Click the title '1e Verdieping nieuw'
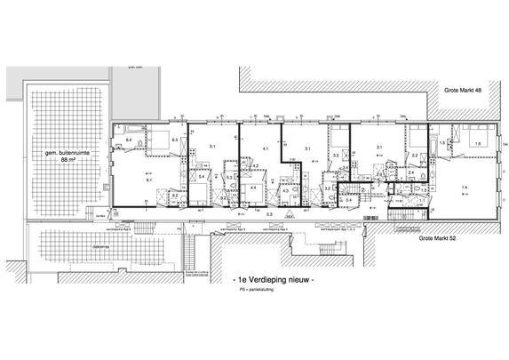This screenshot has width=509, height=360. point(270,279)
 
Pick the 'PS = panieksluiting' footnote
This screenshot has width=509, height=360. point(255,291)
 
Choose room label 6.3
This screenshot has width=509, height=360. point(176,140)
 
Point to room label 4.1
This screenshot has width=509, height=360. point(265,148)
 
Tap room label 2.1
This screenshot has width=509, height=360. point(378,148)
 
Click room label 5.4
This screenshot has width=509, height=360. point(202,179)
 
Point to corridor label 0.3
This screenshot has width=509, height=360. point(269,214)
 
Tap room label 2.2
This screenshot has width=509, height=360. point(414,156)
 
